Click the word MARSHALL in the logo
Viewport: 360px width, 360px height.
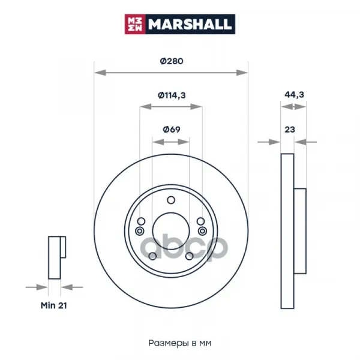point(190,25)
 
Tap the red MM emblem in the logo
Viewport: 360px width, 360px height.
point(135,24)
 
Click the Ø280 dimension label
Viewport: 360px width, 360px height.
point(172,61)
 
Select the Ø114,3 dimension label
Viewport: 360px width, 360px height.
point(172,95)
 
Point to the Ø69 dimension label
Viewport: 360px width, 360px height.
point(172,129)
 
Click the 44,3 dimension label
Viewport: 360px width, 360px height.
point(294,95)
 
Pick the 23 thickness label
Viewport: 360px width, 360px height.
point(290,130)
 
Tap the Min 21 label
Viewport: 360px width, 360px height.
point(54,305)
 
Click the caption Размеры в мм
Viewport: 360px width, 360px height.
point(180,343)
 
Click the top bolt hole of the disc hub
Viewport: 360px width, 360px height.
point(171,200)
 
